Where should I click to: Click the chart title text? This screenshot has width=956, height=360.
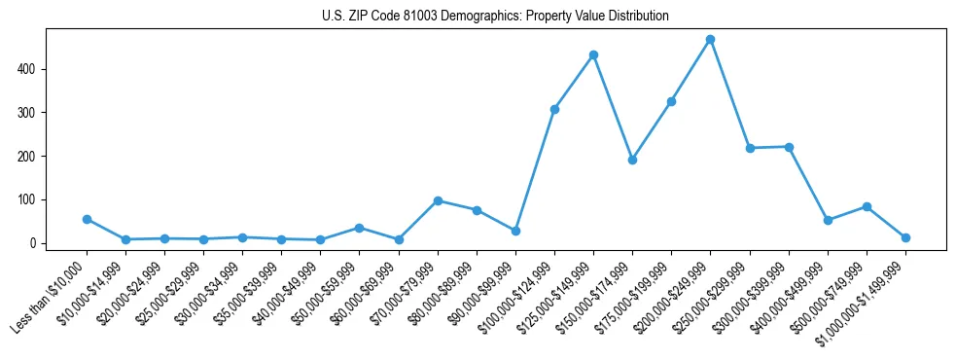[495, 17]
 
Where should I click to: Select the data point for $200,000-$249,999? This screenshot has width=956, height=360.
[710, 39]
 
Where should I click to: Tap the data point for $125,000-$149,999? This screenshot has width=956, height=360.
[593, 54]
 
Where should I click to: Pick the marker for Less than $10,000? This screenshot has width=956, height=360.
[87, 219]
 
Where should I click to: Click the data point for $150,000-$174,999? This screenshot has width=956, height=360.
[632, 160]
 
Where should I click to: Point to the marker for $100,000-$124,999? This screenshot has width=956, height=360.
[554, 109]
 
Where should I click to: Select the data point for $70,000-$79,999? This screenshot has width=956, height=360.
[438, 200]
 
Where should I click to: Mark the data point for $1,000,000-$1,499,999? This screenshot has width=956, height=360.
[905, 237]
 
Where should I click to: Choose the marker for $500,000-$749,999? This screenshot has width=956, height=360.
[867, 206]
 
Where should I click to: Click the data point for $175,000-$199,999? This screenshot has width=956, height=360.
[671, 101]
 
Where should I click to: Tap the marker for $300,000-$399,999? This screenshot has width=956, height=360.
[789, 147]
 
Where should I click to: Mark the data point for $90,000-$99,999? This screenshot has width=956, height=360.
[515, 231]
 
